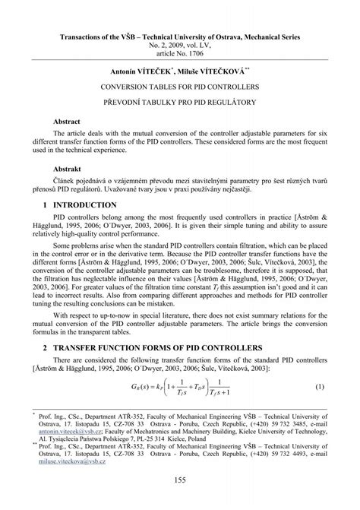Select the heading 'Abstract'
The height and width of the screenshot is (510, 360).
(67, 121)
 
